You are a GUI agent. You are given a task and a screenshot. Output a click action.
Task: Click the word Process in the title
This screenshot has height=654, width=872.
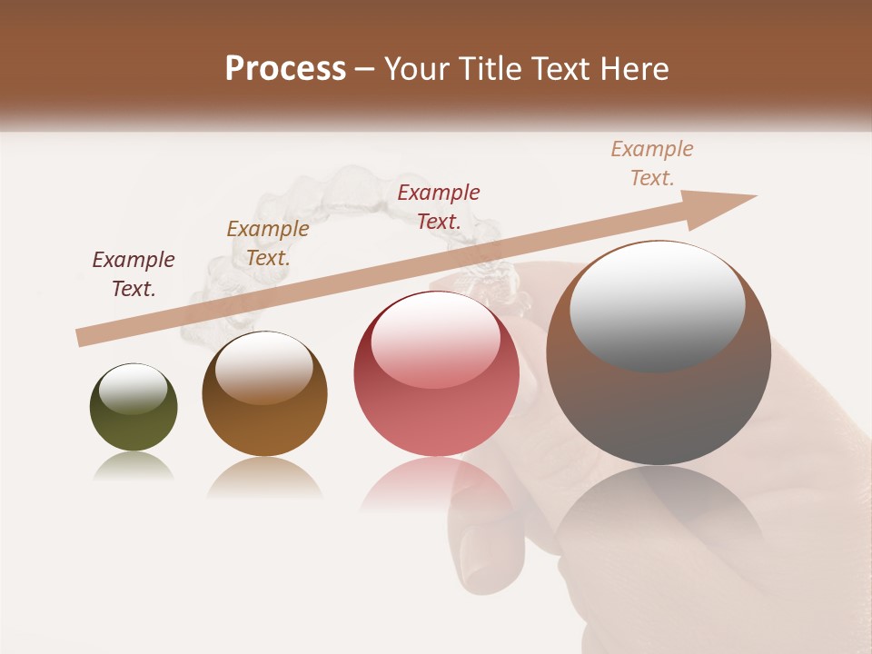tap(285, 69)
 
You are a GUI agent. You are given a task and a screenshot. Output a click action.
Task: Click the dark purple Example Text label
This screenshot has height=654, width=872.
tap(134, 274)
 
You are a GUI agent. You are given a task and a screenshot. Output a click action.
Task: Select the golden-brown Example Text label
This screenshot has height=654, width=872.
tap(268, 243)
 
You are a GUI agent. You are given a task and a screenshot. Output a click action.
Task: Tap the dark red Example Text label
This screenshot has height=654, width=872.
tap(439, 207)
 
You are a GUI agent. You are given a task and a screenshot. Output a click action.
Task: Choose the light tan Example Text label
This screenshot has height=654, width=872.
tap(652, 163)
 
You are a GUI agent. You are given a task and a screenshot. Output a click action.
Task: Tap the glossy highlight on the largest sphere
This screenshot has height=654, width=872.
tap(657, 305)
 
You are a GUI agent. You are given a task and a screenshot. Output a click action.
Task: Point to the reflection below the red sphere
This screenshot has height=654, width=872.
tap(436, 490)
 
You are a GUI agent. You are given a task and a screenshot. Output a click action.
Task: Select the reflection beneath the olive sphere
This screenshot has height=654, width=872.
tap(134, 465)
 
